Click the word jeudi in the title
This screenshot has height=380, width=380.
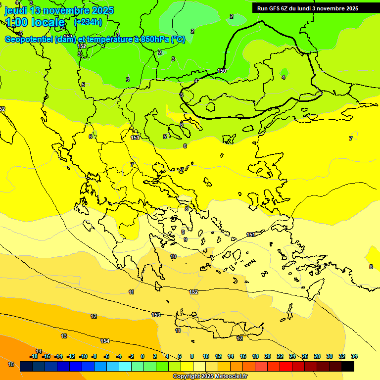16,10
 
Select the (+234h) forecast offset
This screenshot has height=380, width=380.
88,22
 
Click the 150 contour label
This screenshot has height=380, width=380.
222,71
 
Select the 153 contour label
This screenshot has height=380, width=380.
156,315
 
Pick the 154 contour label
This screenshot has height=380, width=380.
105,341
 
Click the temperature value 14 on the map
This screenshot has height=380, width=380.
39,351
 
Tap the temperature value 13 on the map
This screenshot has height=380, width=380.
64,336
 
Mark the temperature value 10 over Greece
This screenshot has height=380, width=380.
173,256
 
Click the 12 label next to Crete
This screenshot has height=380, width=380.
240,338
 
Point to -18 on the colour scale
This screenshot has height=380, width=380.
34,356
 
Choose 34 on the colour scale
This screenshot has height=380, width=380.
354,356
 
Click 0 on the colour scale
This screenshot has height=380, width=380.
142,356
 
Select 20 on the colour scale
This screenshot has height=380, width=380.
268,356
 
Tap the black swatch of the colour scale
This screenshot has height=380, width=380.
348,366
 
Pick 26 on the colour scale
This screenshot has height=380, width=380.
305,356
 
